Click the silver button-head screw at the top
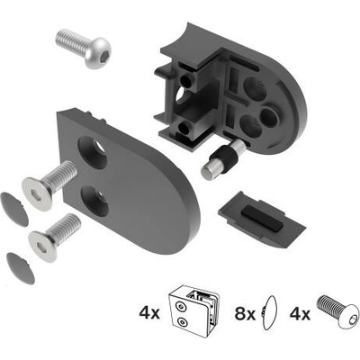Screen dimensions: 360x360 pyautogui.click(x=84, y=48)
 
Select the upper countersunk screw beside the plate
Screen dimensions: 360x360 pyautogui.click(x=49, y=183)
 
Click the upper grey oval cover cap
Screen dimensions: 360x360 pyautogui.click(x=14, y=209)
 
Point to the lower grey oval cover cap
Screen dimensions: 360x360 pyautogui.click(x=21, y=268)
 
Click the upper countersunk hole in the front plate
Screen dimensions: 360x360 pyautogui.click(x=93, y=152)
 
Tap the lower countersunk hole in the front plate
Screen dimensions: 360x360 pyautogui.click(x=94, y=201)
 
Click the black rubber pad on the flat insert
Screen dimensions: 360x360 pyautogui.click(x=262, y=218)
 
